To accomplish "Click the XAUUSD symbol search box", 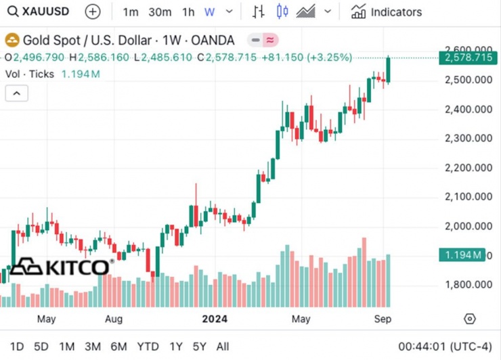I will [41, 12].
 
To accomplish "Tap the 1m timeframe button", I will [131, 12].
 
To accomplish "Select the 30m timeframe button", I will [160, 12].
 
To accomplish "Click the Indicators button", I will [387, 12].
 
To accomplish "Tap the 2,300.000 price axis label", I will [467, 138].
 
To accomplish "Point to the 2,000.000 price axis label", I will [467, 226].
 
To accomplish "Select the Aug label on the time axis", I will [113, 318].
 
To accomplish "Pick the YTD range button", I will [148, 346].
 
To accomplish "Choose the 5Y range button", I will [199, 346].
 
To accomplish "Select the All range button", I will [222, 346].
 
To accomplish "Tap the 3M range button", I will [93, 346].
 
